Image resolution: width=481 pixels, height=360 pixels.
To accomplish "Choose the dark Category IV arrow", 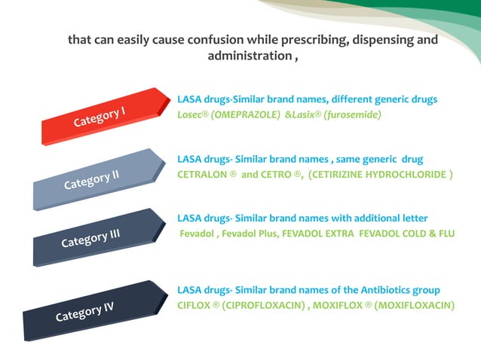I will (84, 311).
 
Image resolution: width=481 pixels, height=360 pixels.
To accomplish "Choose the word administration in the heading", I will (246, 56).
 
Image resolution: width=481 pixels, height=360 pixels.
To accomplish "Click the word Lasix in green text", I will (304, 114).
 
